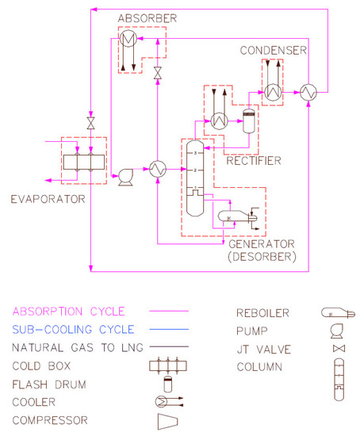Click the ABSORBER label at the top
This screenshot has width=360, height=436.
click(x=144, y=18)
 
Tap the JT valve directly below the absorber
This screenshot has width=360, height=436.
click(x=158, y=73)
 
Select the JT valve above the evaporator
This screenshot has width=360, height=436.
click(x=91, y=124)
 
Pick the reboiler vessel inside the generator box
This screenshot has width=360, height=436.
click(x=232, y=216)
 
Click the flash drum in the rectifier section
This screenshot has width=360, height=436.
click(x=248, y=120)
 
